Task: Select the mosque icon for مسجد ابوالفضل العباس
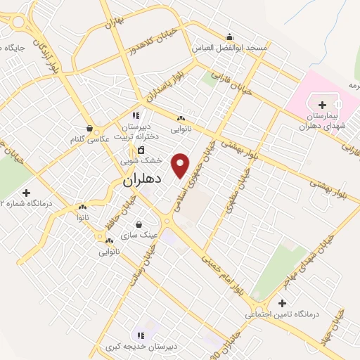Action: tap(228, 37)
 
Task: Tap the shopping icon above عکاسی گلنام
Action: tap(90, 128)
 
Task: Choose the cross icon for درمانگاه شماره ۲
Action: tap(27, 192)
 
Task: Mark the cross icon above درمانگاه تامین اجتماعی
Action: tap(283, 304)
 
